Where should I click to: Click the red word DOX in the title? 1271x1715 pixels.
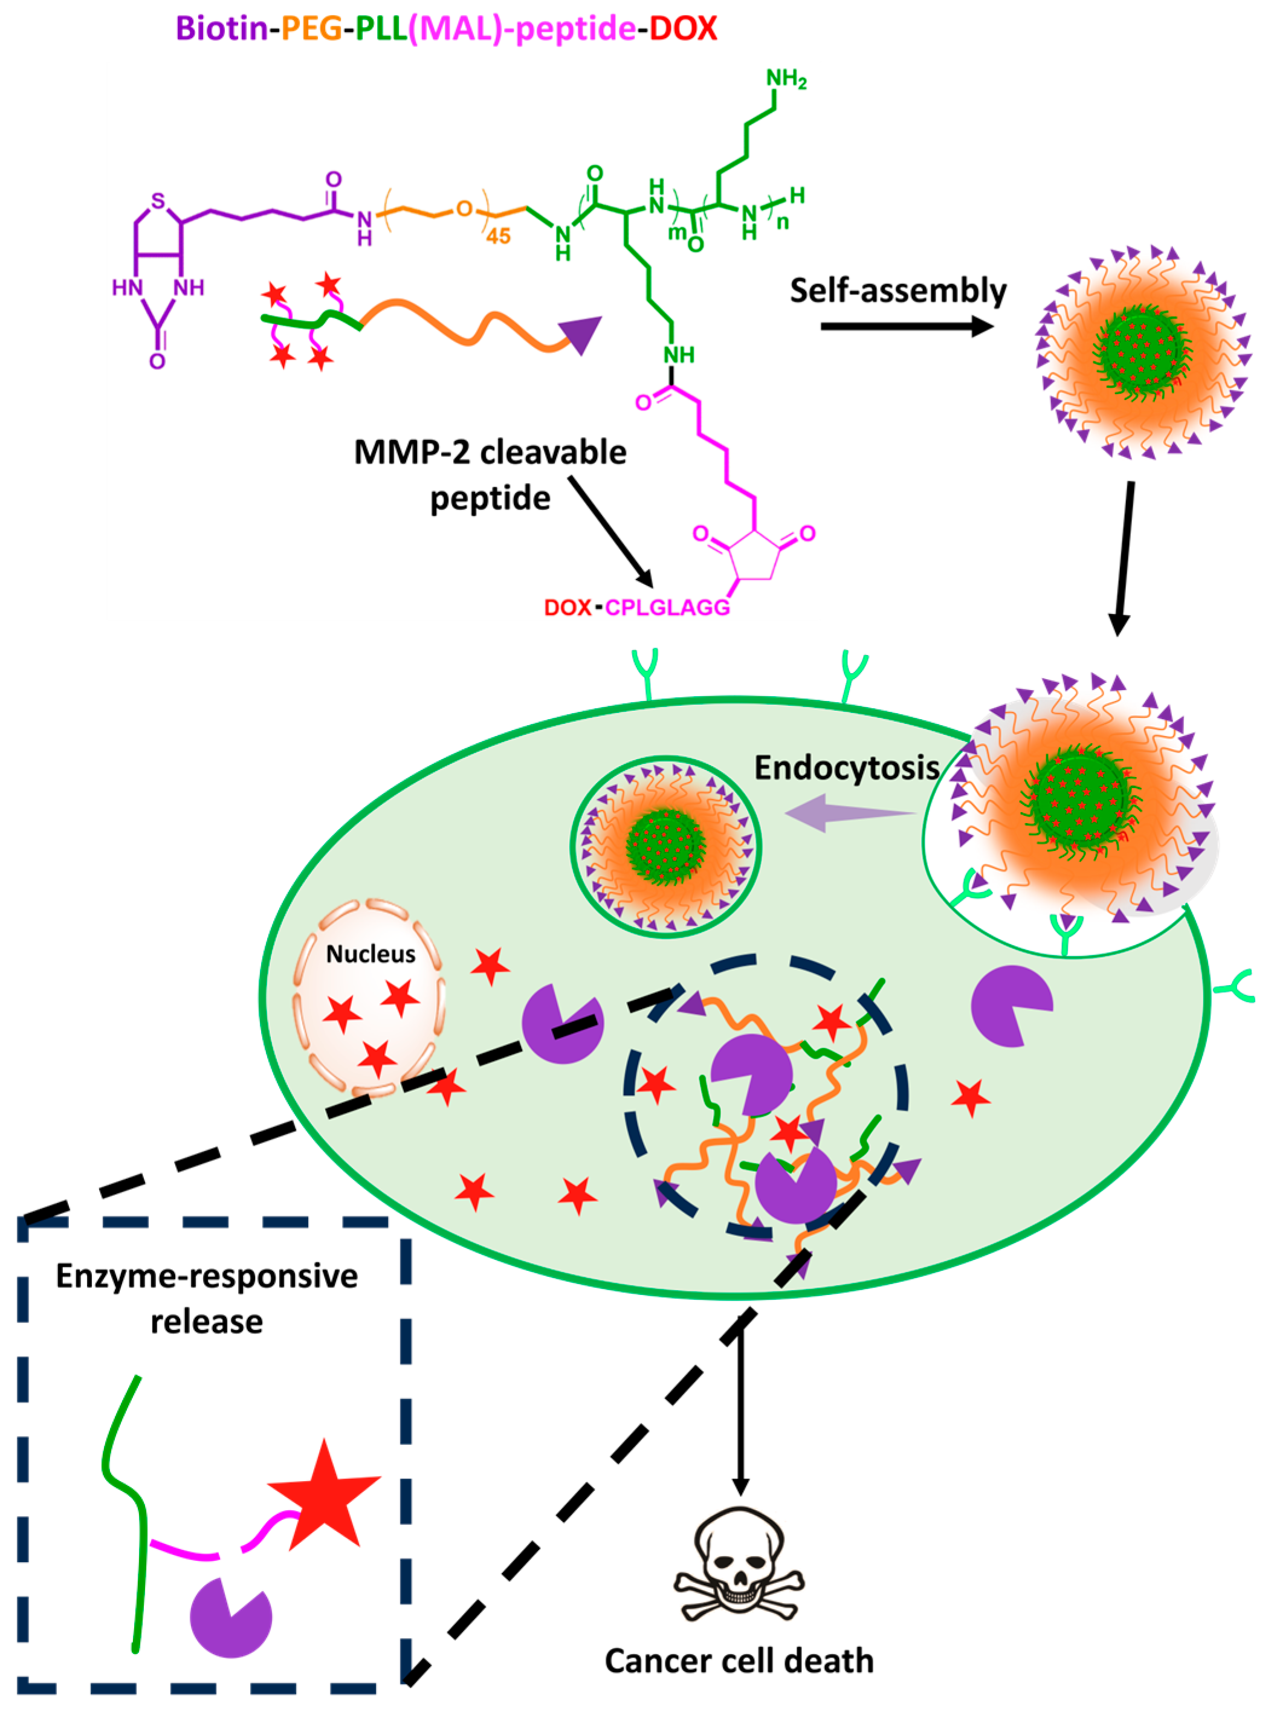[x=682, y=28]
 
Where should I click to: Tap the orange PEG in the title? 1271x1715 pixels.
[x=312, y=28]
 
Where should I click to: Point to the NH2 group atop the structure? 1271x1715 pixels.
[x=786, y=79]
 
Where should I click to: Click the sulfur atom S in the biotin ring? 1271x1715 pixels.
[x=158, y=201]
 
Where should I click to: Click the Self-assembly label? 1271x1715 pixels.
[x=898, y=291]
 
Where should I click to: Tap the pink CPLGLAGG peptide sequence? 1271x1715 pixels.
[x=667, y=607]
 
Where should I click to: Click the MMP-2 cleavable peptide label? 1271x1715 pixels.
[x=490, y=474]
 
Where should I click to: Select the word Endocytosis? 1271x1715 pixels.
[x=846, y=767]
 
